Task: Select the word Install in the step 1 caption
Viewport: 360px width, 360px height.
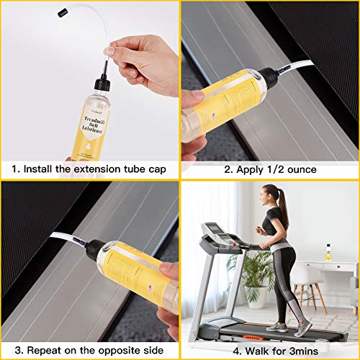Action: (x=36, y=169)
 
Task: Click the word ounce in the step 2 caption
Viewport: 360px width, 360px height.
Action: (x=297, y=169)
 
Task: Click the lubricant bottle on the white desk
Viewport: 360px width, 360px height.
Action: (x=328, y=253)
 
